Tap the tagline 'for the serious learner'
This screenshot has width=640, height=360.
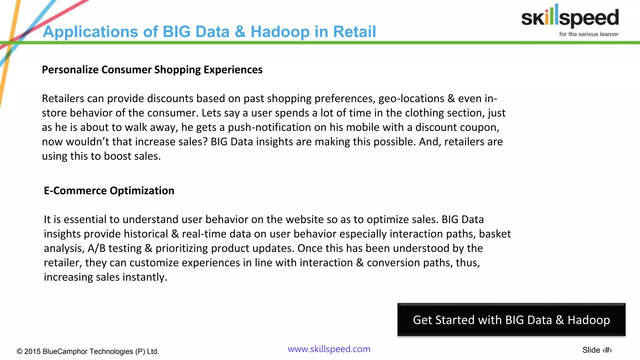(588, 34)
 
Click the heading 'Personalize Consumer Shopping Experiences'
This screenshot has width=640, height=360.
(152, 70)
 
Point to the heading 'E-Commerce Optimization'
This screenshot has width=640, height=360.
(109, 191)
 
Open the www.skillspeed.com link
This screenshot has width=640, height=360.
(329, 349)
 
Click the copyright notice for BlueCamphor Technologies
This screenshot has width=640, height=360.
(88, 351)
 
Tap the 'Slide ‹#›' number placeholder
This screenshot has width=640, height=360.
(597, 350)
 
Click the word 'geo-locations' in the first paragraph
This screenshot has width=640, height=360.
(411, 99)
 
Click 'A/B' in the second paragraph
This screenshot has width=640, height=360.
(97, 248)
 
